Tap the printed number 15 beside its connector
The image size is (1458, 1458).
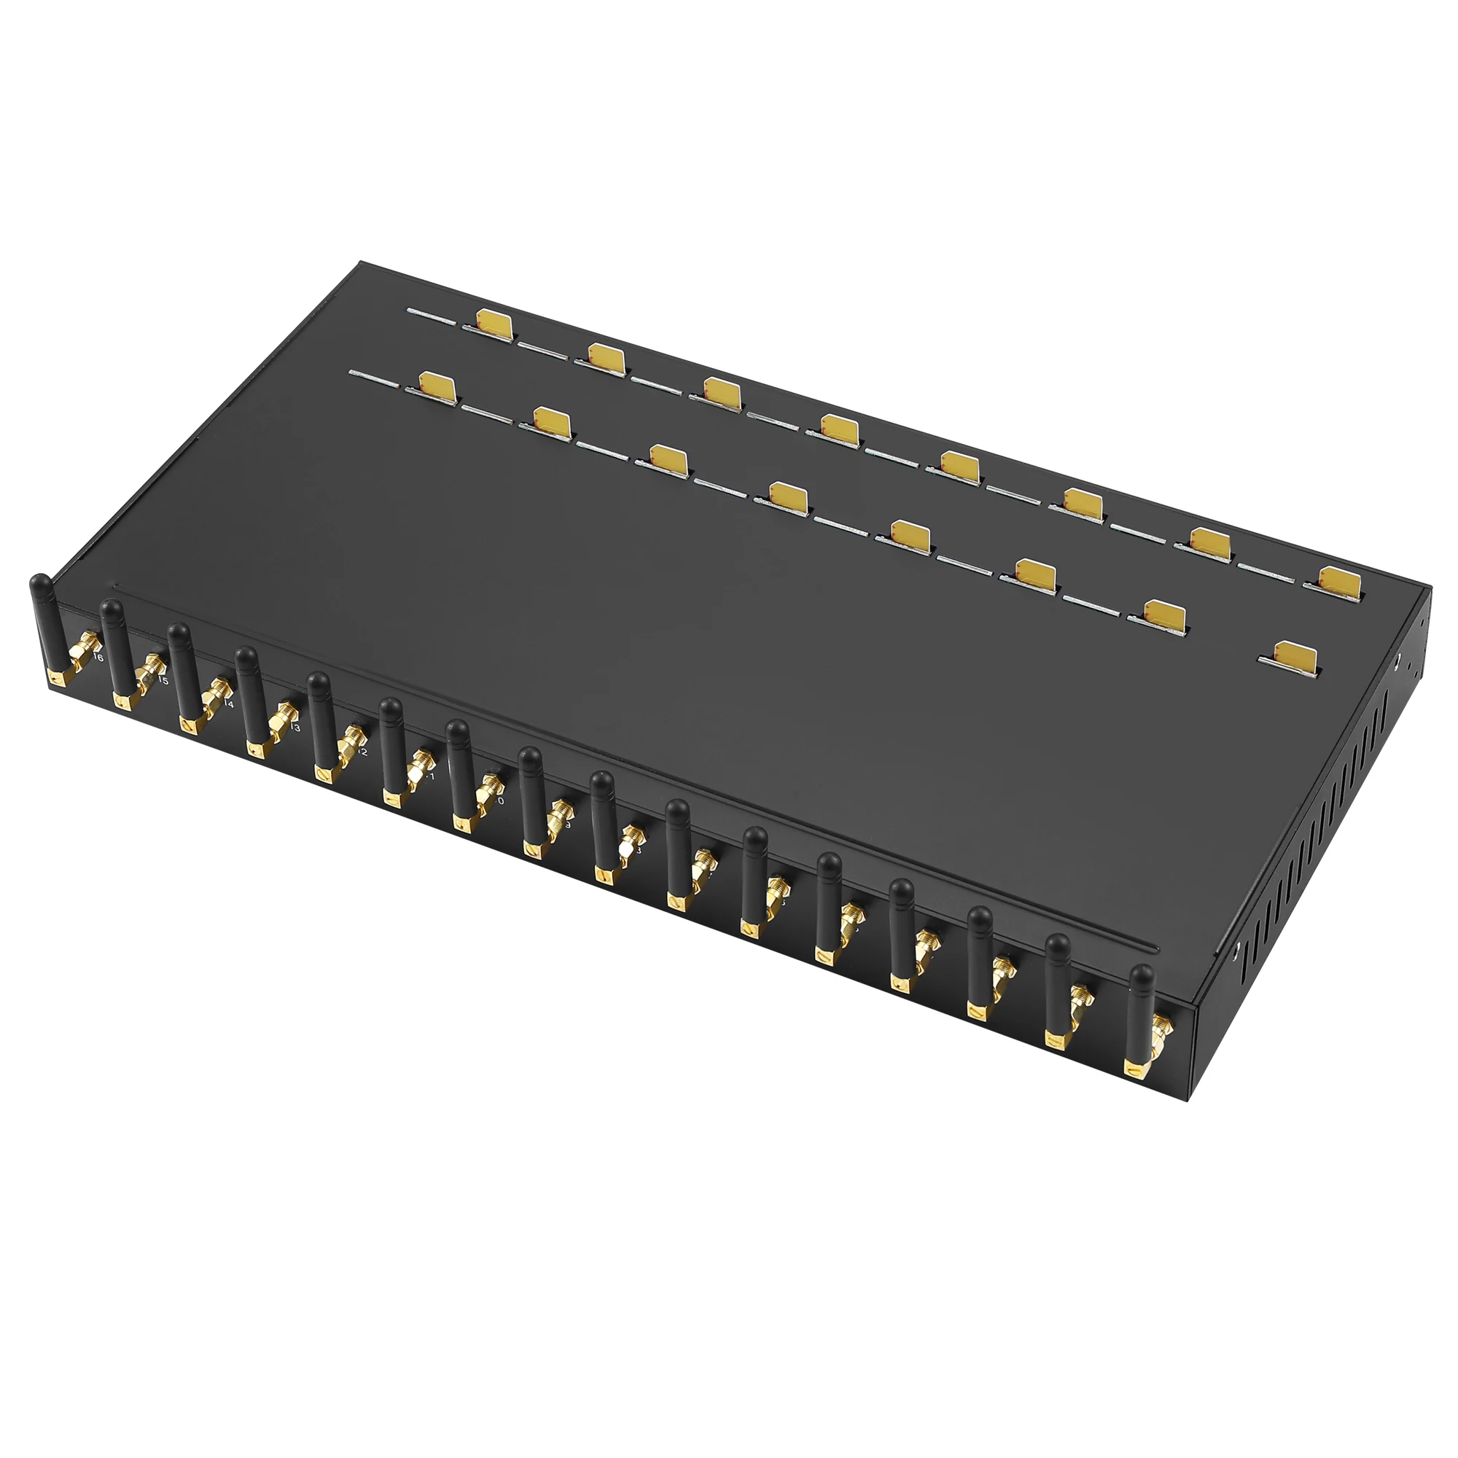pyautogui.click(x=163, y=681)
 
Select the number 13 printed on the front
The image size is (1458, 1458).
pyautogui.click(x=295, y=728)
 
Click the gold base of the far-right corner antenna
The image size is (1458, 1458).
pyautogui.click(x=1135, y=1068)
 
